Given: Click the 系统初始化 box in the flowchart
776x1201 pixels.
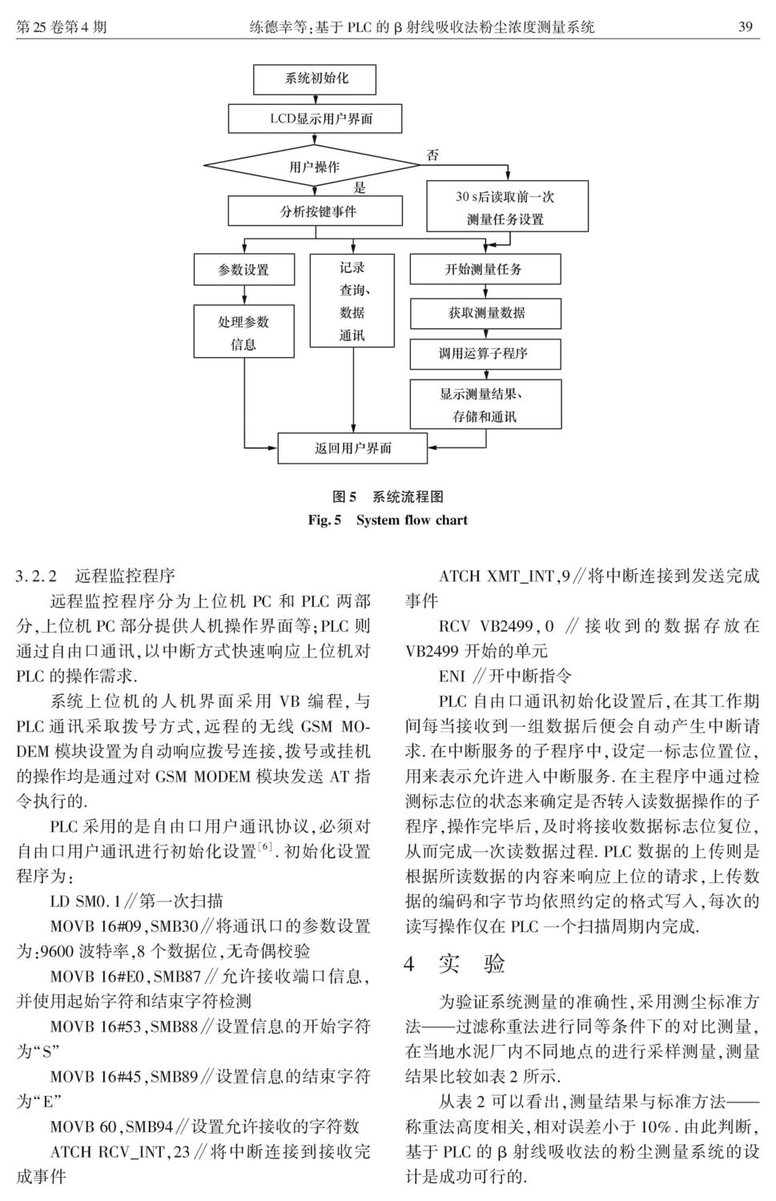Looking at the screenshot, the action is [315, 79].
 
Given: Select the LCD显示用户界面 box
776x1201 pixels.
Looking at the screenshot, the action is [315, 118].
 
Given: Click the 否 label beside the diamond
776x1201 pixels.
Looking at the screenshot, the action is [432, 155].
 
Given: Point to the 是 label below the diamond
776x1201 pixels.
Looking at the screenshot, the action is [360, 187].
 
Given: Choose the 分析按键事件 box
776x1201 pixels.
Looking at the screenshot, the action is [315, 211].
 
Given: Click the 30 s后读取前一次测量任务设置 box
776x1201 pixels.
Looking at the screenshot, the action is [507, 206].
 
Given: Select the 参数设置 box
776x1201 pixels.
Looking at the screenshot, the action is [244, 269].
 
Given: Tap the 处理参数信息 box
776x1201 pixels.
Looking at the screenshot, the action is [244, 331].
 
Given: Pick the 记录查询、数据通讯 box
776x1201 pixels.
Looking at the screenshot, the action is [352, 301].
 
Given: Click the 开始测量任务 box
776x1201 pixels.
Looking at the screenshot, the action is [485, 269].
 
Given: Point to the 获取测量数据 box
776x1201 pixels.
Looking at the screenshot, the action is [485, 313].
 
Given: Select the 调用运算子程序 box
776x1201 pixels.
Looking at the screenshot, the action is [485, 354].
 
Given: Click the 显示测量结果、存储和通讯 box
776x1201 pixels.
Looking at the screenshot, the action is [485, 404].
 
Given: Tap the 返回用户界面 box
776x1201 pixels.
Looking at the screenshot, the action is [352, 448].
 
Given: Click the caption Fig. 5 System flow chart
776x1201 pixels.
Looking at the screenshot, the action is [388, 520].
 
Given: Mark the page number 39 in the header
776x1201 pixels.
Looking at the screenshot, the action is [746, 26].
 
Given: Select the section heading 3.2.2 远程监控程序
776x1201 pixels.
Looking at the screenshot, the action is [96, 576].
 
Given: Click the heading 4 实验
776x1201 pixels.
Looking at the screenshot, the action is [455, 964].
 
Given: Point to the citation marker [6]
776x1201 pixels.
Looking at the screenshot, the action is [264, 846].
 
